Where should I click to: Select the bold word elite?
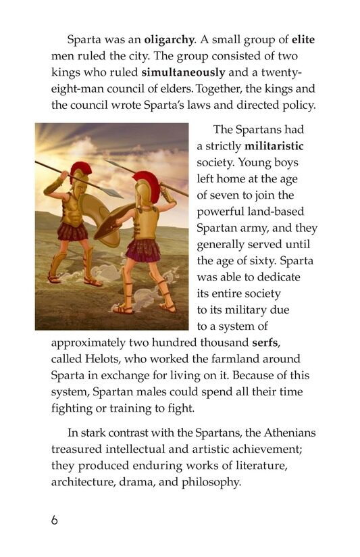tap(304, 40)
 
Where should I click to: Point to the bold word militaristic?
tap(274, 146)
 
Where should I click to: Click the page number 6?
tap(55, 521)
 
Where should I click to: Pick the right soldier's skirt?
tap(144, 249)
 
